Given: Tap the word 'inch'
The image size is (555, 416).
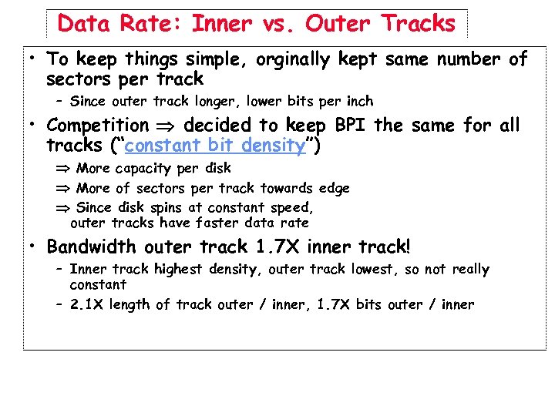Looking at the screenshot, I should (359, 101).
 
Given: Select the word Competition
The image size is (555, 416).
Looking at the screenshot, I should (98, 126).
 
